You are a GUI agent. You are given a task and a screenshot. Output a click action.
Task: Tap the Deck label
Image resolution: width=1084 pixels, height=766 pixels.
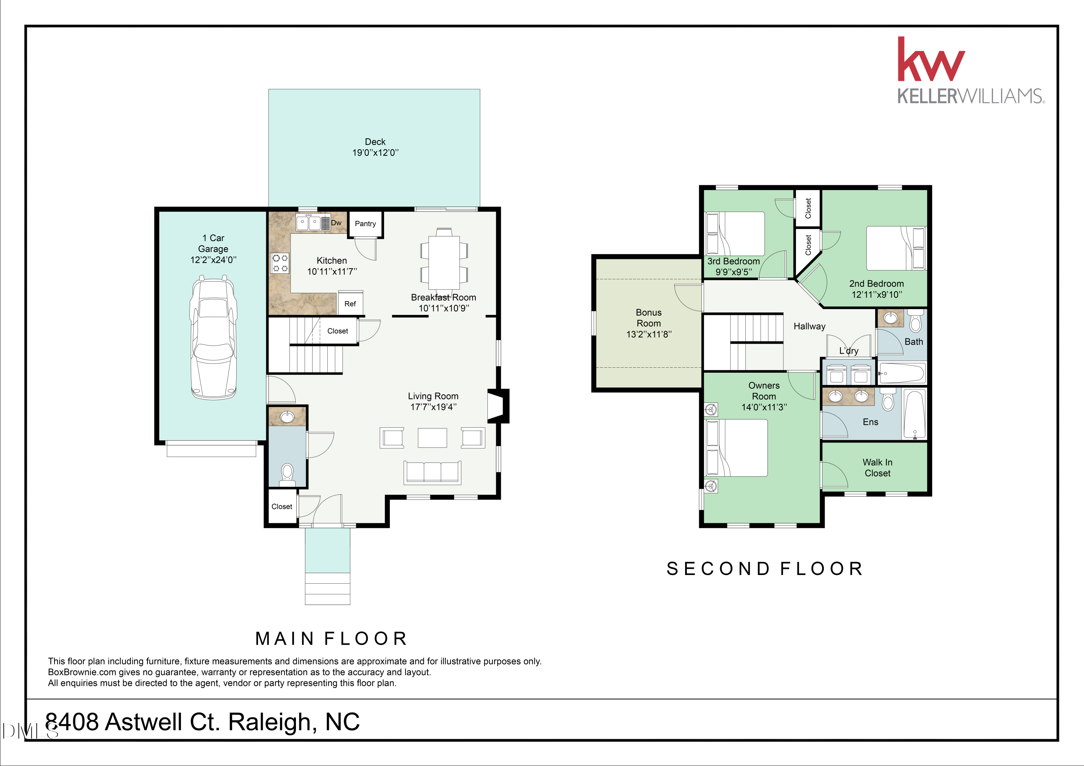click(375, 142)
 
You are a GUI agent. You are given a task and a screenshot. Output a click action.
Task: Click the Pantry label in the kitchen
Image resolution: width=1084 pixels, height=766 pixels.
click(365, 224)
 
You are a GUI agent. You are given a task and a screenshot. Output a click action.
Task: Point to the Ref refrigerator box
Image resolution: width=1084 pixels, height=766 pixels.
click(350, 303)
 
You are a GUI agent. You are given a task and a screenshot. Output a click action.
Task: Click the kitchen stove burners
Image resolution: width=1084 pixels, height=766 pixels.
click(280, 263)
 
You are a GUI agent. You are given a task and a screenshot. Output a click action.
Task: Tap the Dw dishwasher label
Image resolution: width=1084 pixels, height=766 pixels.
click(336, 223)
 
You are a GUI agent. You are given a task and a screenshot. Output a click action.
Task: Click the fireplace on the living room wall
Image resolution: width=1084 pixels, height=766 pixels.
click(498, 406)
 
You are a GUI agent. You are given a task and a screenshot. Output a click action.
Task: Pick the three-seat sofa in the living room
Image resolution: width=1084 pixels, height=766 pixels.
click(432, 472)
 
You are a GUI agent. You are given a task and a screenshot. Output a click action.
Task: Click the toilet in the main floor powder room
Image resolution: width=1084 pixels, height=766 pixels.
click(287, 474)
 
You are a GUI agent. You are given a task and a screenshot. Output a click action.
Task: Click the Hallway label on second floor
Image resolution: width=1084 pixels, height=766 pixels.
click(809, 326)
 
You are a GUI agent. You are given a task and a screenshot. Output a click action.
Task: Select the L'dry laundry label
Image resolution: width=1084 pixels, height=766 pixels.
click(848, 351)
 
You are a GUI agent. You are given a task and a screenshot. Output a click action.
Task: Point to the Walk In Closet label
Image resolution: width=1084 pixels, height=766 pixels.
click(877, 468)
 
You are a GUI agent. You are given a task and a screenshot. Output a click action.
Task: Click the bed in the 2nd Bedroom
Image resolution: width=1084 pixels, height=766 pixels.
click(896, 248)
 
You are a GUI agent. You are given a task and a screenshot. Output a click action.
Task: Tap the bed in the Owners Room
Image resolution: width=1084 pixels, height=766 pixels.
click(736, 447)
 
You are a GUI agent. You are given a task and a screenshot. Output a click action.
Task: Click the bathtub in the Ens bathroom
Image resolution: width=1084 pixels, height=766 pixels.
click(915, 414)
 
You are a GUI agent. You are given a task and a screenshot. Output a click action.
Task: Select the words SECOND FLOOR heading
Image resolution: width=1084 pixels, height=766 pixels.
click(765, 569)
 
